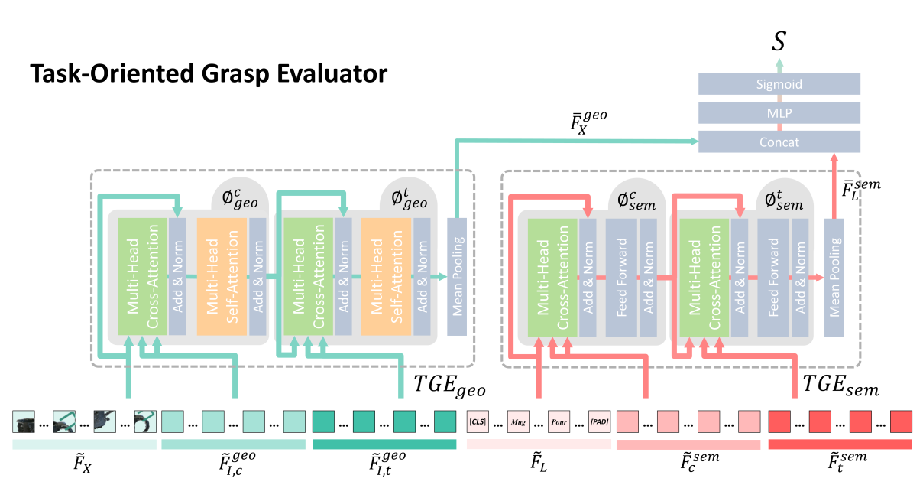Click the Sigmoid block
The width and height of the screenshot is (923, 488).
coord(779,84)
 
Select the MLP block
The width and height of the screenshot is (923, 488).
coord(779,113)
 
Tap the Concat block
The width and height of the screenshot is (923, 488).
coord(779,142)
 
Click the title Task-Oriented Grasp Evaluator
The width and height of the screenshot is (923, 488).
coord(209,75)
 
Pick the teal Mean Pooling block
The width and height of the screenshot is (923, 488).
coord(457,276)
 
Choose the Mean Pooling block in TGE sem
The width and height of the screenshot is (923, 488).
coord(834,276)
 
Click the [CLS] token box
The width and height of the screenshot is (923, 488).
coord(477,421)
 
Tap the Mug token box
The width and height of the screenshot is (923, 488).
coord(518,421)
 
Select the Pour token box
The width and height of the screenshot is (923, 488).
coord(559,421)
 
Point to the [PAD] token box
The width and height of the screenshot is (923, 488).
coord(599,421)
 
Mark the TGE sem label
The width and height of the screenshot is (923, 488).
coord(841,386)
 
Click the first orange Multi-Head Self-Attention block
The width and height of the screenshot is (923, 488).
coord(222,276)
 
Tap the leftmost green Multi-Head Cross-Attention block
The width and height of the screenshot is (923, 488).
coord(141,276)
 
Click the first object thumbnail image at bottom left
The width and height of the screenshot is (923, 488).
coord(24,421)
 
